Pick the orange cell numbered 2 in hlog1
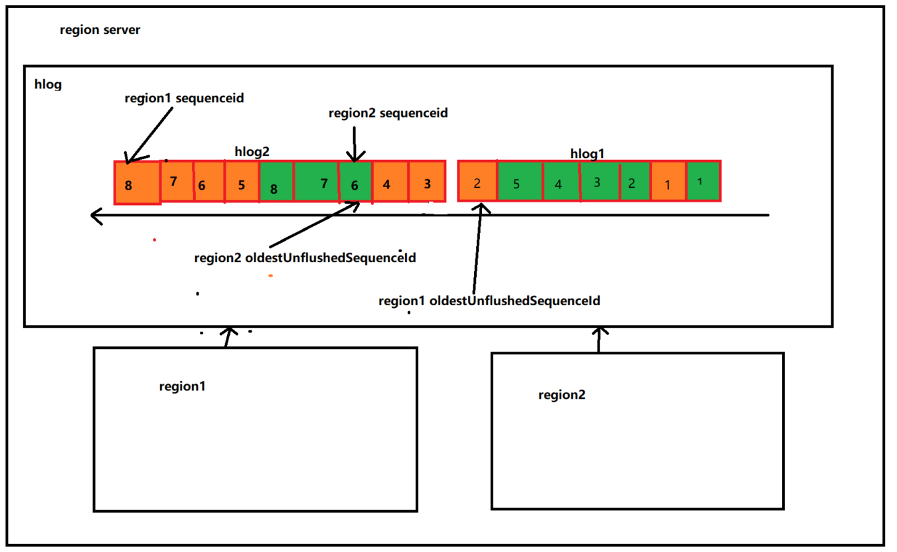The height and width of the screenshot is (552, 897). tap(477, 181)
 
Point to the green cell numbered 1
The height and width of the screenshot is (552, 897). tap(703, 180)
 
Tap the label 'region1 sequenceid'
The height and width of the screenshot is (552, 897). tap(184, 98)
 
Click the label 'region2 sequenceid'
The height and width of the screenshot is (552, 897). tap(388, 113)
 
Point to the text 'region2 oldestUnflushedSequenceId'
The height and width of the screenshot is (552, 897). tap(305, 258)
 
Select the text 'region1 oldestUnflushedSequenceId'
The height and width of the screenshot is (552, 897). tap(489, 301)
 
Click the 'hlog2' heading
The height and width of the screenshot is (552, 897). tap(252, 151)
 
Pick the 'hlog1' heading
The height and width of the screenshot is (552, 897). tap(587, 153)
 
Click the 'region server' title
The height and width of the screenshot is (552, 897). tap(100, 30)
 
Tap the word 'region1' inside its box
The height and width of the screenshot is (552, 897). tap(182, 386)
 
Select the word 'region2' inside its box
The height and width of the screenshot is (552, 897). tap(562, 395)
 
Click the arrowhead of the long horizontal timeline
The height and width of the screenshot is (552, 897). tap(96, 216)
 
